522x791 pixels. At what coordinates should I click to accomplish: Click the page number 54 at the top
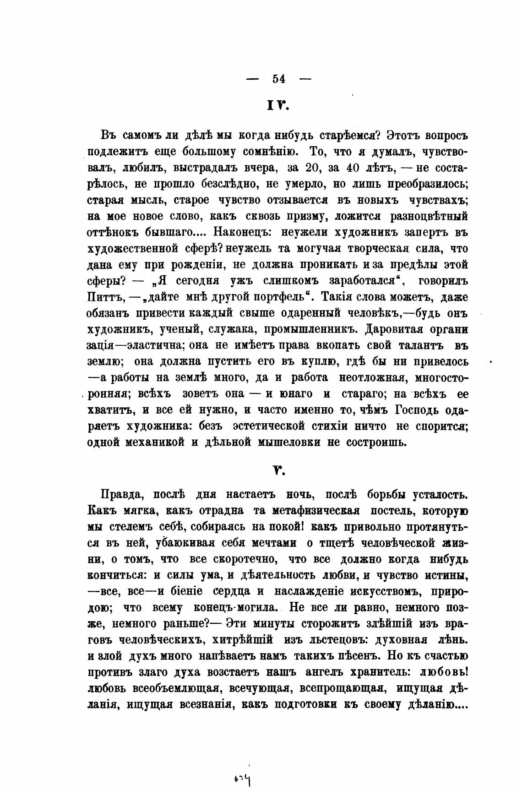pyautogui.click(x=279, y=79)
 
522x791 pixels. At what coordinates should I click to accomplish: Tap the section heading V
pyautogui.click(x=279, y=469)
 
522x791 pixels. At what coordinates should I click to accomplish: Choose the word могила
pyautogui.click(x=254, y=608)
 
